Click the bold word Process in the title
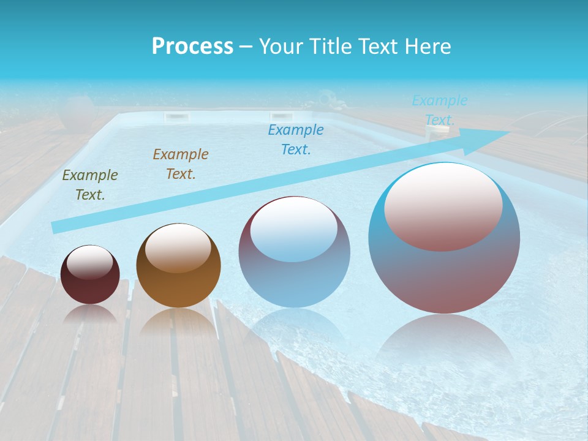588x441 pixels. [192, 47]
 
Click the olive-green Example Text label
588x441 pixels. [90, 185]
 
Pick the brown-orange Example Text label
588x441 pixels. [181, 164]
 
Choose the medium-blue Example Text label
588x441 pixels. [296, 140]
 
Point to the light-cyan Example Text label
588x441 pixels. [440, 110]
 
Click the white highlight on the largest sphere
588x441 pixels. [443, 205]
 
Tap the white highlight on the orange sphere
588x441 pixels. [178, 248]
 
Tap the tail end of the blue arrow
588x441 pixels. [56, 228]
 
